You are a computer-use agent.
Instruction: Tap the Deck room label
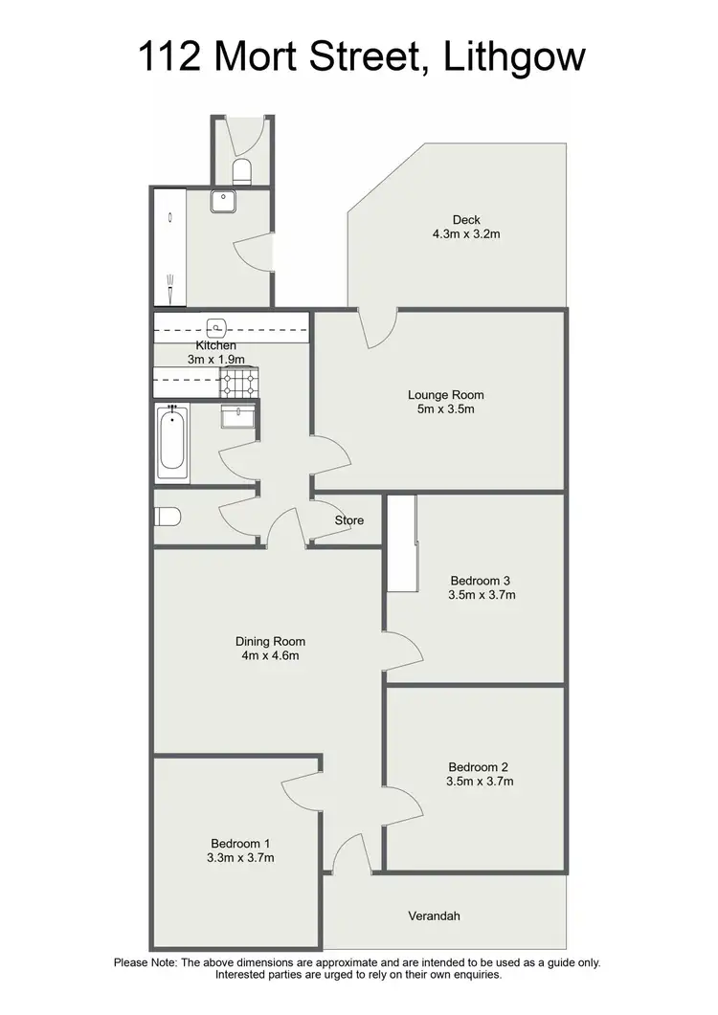[x=466, y=220]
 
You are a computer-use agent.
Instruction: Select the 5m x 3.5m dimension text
[x=445, y=408]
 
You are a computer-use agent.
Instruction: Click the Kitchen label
[x=215, y=345]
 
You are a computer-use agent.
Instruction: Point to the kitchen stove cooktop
[x=240, y=384]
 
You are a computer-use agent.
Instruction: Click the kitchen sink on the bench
[x=217, y=325]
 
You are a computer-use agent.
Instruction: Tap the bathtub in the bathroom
[x=173, y=442]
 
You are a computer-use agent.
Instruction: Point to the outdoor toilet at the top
[x=242, y=171]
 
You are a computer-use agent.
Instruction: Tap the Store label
[x=349, y=520]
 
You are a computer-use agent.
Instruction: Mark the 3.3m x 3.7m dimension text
[x=241, y=857]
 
